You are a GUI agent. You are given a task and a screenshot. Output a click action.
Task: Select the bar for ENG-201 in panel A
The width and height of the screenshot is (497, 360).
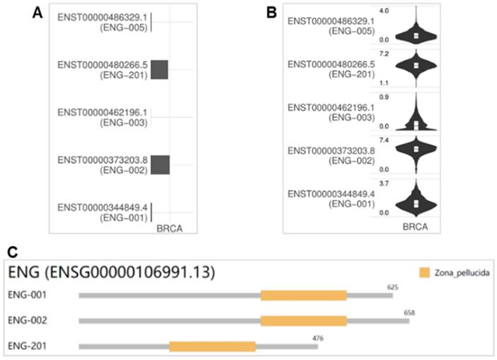159,69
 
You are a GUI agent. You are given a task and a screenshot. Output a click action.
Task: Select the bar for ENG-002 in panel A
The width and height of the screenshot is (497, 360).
160,164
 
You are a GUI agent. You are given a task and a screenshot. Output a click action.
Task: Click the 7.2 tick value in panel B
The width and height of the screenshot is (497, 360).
383,54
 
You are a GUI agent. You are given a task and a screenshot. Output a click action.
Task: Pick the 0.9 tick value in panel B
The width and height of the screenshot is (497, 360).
383,97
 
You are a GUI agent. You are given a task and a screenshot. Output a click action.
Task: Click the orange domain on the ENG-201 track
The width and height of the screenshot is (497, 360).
212,347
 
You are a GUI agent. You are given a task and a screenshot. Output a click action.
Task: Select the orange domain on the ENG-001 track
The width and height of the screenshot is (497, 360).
304,296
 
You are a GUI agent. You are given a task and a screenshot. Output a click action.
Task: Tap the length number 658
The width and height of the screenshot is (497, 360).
410,312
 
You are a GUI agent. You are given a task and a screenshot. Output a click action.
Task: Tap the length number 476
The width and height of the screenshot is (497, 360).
319,338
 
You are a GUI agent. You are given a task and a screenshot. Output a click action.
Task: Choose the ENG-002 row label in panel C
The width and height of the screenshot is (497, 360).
28,320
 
